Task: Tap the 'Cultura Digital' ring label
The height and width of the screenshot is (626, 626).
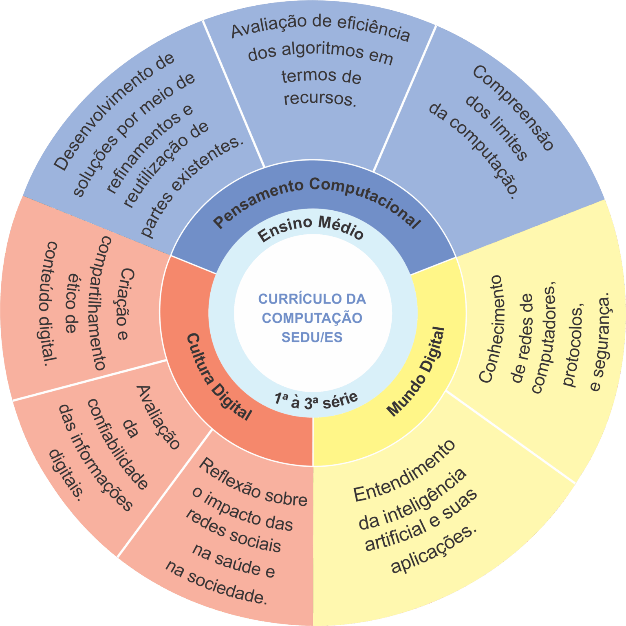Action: [219, 377]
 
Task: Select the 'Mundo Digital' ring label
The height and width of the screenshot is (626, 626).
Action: [416, 371]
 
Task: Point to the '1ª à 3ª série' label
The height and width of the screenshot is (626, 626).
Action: [316, 401]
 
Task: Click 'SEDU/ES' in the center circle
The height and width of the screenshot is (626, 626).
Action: [312, 337]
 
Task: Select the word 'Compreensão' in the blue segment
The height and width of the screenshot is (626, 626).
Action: [514, 108]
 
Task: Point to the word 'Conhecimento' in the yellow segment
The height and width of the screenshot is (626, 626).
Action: [490, 329]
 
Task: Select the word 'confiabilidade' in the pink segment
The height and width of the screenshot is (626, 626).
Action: [118, 444]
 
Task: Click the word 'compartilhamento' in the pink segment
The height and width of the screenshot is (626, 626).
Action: [99, 303]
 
